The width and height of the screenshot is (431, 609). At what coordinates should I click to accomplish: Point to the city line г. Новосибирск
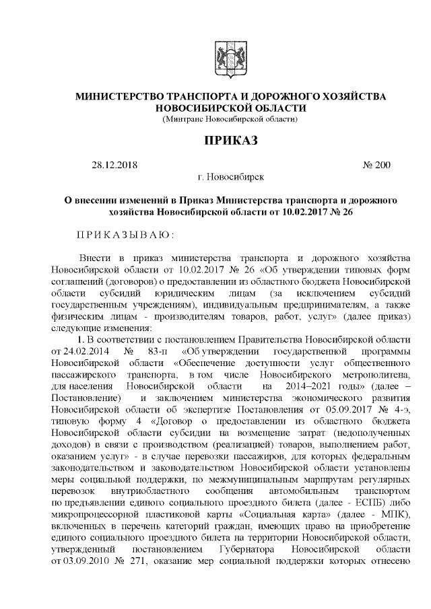pos(230,176)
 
